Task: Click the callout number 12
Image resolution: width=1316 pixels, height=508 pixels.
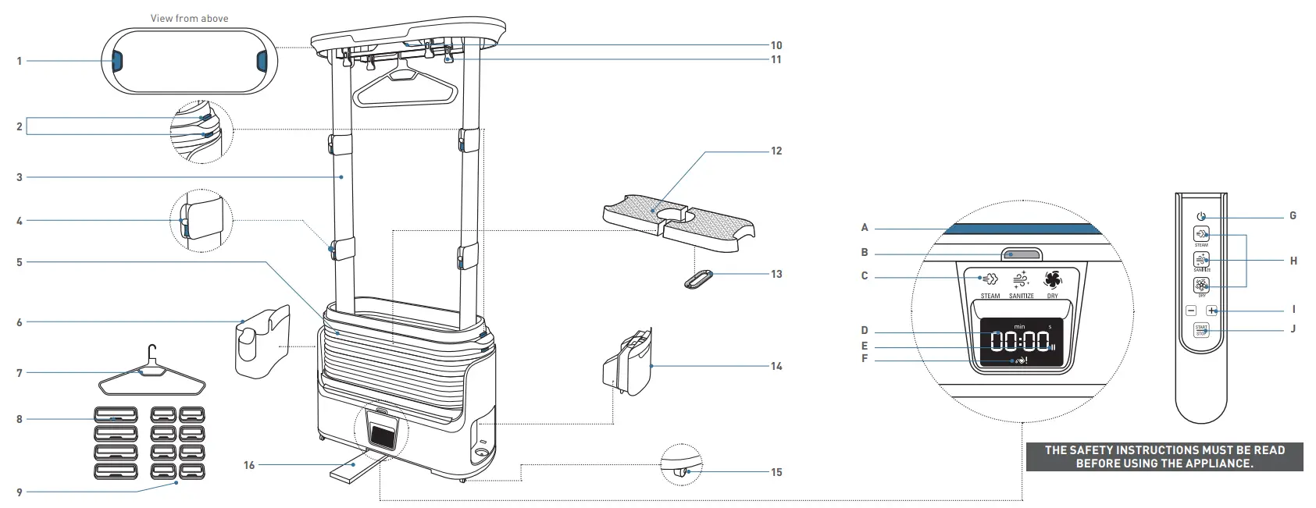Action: coord(776,151)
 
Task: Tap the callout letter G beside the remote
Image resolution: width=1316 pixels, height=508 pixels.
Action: coord(1293,216)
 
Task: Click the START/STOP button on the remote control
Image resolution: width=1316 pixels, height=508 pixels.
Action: coord(1201,330)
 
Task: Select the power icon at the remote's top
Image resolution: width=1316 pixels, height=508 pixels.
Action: coord(1201,217)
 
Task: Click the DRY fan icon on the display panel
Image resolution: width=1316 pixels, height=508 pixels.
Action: coord(1052,281)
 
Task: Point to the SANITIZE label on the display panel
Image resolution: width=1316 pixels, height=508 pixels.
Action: coord(1021,297)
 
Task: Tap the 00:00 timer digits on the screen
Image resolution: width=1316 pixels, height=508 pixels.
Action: coord(1020,341)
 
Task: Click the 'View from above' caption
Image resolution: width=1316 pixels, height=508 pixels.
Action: coord(189,18)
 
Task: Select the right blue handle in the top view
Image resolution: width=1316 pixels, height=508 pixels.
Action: coord(262,61)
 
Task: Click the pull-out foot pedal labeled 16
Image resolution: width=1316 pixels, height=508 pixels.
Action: coord(353,470)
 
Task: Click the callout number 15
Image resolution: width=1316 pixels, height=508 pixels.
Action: coord(776,472)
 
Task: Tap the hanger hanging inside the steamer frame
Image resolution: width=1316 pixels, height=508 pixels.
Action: coord(404,87)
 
